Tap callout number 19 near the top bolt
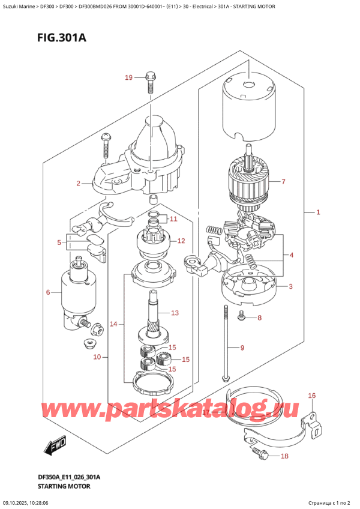tap(128, 77)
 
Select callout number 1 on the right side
tap(319, 212)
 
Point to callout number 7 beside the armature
tap(284, 181)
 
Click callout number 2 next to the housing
tap(79, 184)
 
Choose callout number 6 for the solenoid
tap(48, 293)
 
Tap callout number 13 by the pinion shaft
tap(175, 313)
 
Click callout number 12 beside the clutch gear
tap(180, 241)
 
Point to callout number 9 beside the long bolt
tap(243, 348)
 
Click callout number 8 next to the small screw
tap(259, 318)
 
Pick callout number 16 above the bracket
tap(311, 396)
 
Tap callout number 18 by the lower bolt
tap(284, 457)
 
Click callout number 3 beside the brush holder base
tap(290, 287)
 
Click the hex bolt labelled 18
tap(259, 451)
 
